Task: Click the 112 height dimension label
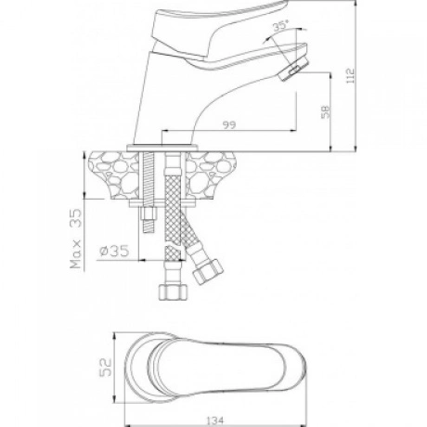(x=351, y=76)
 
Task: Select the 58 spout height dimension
(x=326, y=112)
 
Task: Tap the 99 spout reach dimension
(x=229, y=125)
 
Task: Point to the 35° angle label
(x=280, y=25)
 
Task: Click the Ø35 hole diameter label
(x=114, y=251)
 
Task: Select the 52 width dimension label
(x=106, y=368)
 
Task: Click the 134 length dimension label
(x=214, y=421)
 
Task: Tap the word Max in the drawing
(x=76, y=254)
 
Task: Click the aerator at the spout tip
(x=293, y=70)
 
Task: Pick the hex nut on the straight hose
(x=174, y=291)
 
